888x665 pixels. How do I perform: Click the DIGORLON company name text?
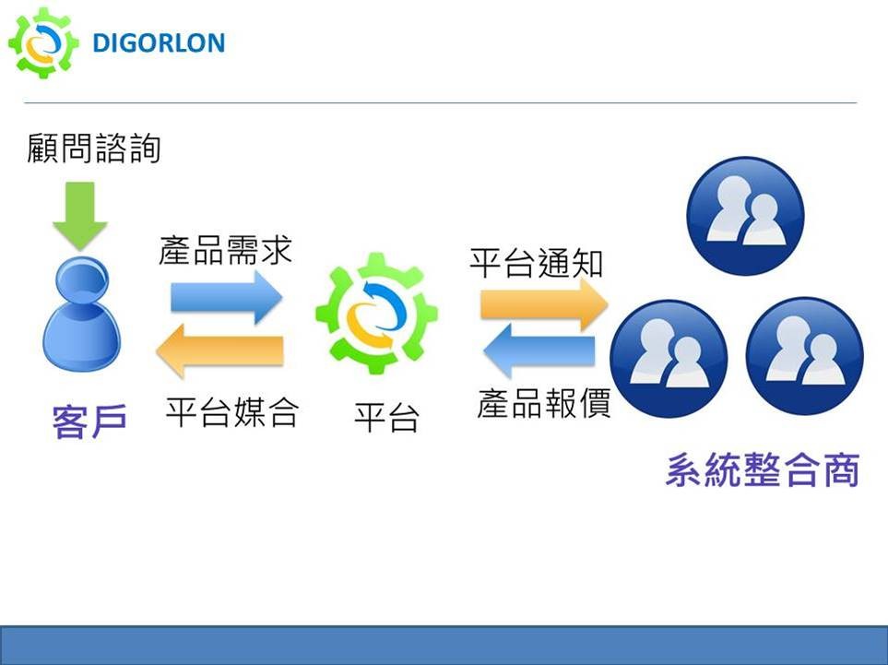click(159, 43)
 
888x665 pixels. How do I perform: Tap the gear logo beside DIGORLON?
click(43, 43)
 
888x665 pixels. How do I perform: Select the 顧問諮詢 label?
click(94, 148)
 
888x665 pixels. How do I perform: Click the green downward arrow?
click(80, 215)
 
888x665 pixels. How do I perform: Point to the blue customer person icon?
click(81, 314)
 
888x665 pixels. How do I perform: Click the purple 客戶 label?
click(89, 421)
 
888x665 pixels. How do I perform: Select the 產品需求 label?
click(225, 250)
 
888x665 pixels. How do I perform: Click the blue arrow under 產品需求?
click(227, 297)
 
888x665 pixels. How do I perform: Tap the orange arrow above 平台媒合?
click(219, 351)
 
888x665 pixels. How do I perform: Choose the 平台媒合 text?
click(232, 411)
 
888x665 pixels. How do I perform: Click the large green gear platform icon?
click(376, 314)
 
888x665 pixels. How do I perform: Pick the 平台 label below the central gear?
click(386, 418)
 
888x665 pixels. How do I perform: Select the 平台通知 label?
click(537, 263)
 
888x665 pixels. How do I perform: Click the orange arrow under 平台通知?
click(544, 304)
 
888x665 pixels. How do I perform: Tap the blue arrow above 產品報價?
click(539, 351)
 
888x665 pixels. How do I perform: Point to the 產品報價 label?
click(544, 403)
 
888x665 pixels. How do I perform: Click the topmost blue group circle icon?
click(745, 216)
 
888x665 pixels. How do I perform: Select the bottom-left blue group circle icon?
click(669, 359)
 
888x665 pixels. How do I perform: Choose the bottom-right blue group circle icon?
click(805, 356)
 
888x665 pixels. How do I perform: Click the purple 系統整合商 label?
click(763, 469)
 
